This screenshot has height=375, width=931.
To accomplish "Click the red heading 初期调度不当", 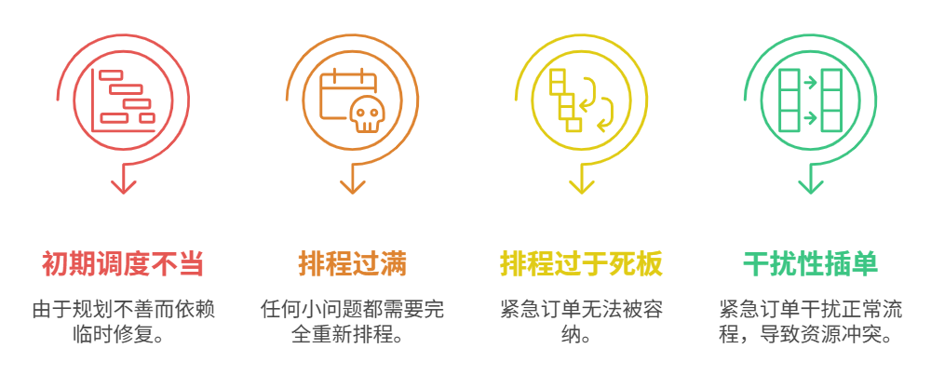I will pos(123,264).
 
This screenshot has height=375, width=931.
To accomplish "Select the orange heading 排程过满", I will pos(353,264).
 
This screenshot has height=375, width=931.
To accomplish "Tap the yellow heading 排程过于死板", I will pos(581,264).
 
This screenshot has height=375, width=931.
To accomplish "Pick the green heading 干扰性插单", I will pos(810,264).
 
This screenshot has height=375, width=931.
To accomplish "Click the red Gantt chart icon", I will pos(123,98).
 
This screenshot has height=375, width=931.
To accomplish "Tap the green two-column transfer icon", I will pos(810,99).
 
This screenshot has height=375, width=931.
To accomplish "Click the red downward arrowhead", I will pos(123,185).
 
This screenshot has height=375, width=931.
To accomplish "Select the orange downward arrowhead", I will pos(353,185).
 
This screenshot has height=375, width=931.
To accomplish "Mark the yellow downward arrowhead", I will pos(582,185).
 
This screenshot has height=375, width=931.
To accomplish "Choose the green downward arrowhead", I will pos(811,185).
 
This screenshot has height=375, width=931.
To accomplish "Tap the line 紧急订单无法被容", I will pos(581,309).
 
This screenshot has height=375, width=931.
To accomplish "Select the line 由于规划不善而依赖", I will pos(123,309).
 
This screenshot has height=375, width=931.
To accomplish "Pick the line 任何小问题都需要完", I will pos(353,309).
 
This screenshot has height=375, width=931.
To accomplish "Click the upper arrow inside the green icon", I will pos(810,82).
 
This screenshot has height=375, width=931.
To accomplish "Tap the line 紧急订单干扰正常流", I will pos(810,309).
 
